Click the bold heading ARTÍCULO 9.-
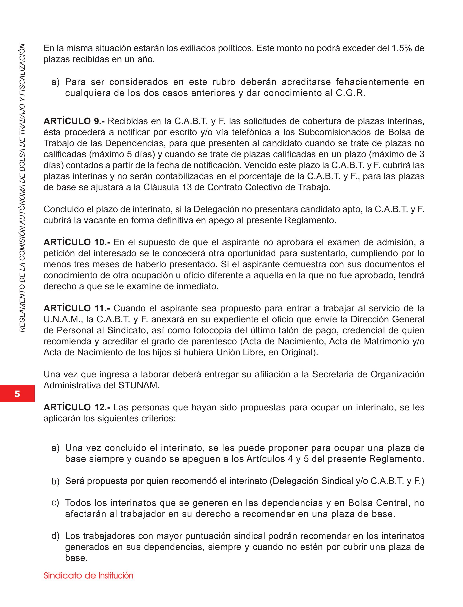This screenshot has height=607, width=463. (74, 121)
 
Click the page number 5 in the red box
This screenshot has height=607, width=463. (17, 394)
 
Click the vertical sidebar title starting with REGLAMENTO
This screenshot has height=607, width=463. (22, 187)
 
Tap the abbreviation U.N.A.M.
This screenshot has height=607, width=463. (63, 320)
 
